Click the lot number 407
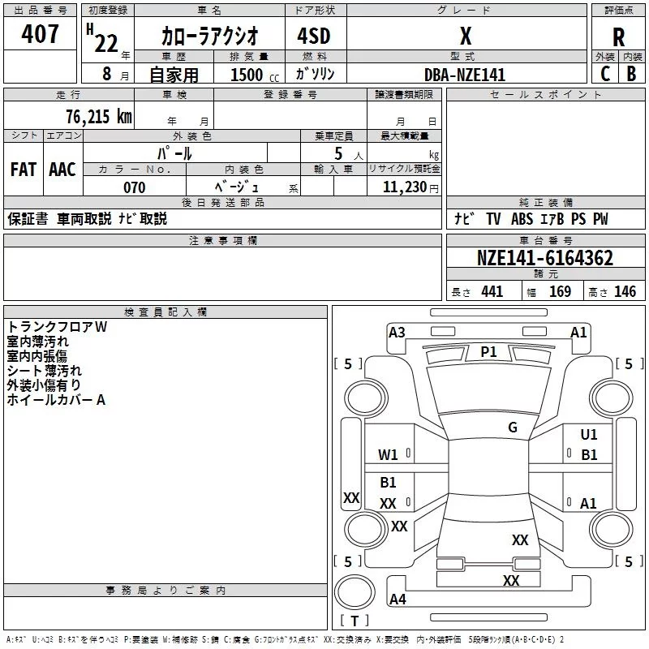coord(41,34)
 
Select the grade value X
coord(466,37)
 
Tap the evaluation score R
coord(619,37)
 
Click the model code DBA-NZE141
coord(465,75)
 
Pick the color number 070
coord(134,187)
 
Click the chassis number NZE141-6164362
coord(545,259)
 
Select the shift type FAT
coord(23,169)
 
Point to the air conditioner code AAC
coord(62,169)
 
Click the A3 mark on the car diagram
coord(397,332)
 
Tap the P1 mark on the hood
coord(488,351)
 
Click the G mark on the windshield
coord(513,428)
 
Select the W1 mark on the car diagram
coord(389,455)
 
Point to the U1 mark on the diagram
coord(589,435)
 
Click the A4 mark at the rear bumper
coord(398,600)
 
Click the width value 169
coord(561,291)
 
